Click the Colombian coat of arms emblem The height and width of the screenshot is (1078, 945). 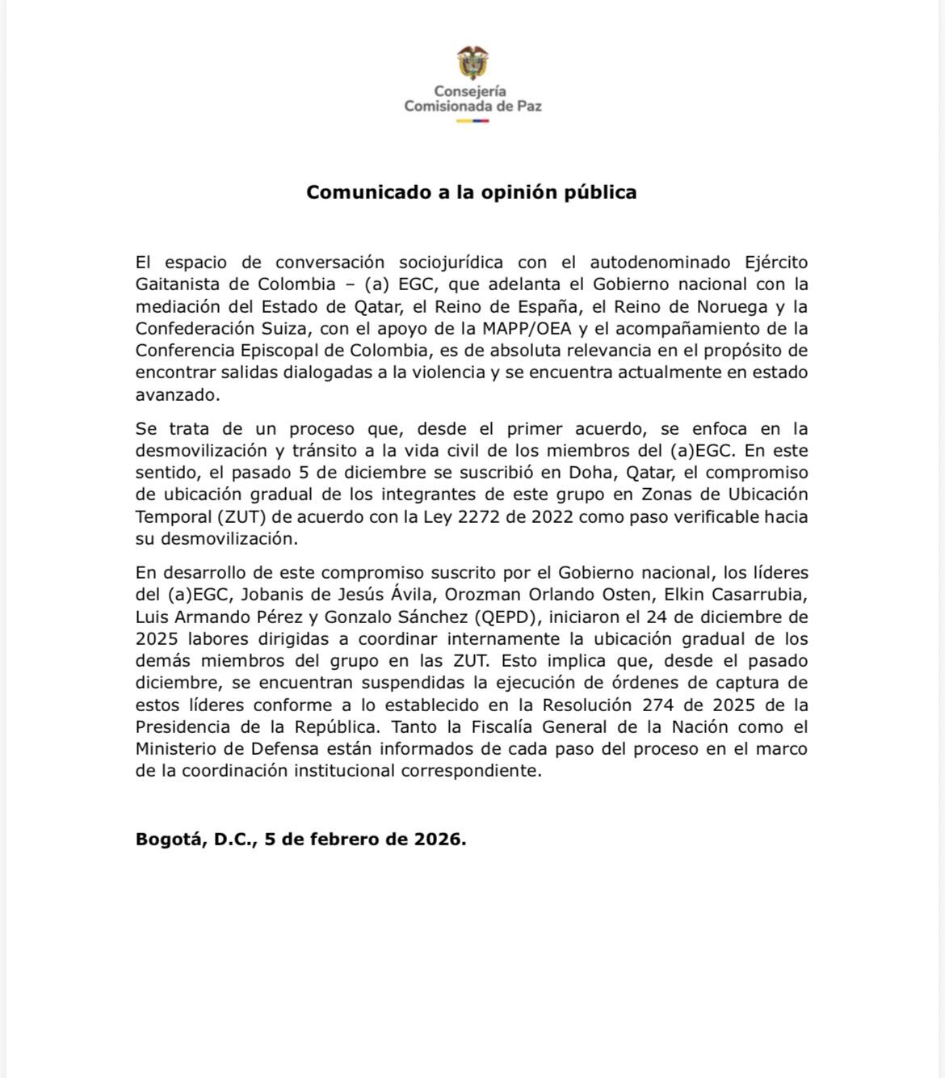[x=472, y=63]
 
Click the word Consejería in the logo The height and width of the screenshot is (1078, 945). [x=470, y=91]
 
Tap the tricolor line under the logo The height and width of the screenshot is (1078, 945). [x=472, y=120]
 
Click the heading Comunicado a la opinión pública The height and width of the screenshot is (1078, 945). [x=471, y=192]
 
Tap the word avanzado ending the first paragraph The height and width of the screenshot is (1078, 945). [x=176, y=395]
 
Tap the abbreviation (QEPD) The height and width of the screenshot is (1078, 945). [x=510, y=617]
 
